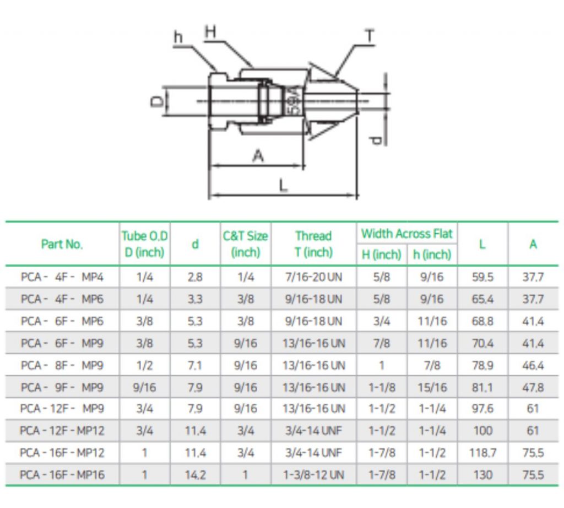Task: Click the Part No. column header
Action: pos(62,244)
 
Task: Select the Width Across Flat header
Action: pos(407,234)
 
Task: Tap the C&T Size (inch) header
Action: pos(245,244)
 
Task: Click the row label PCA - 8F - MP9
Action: pos(62,365)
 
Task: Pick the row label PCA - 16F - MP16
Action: pos(62,474)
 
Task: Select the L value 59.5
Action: pos(482,277)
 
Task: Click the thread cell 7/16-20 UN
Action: pos(313,277)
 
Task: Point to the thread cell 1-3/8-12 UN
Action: pos(313,474)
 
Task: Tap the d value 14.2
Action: pos(195,474)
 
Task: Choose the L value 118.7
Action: pos(482,453)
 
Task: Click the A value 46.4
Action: pos(533,365)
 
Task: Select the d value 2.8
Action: pos(195,277)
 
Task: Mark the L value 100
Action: pos(482,431)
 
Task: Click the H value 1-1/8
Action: pos(382,387)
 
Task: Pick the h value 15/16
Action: pos(432,387)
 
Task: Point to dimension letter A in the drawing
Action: pos(258,156)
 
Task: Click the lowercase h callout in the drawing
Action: pos(178,37)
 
